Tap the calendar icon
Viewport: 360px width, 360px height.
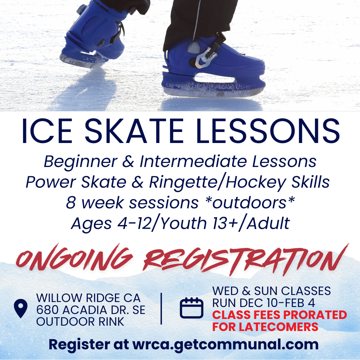coord(191,308)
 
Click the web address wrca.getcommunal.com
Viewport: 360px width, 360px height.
coord(226,345)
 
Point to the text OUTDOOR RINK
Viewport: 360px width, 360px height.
coord(80,322)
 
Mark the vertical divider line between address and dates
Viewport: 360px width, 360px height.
coord(161,309)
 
